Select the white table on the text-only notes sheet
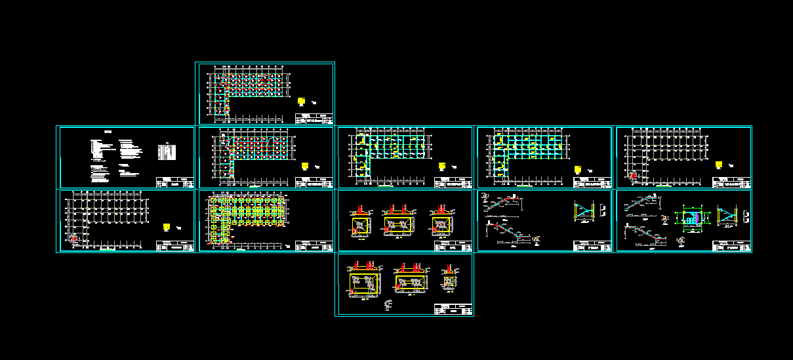tap(168, 153)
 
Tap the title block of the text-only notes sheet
tap(175, 182)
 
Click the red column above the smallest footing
tap(449, 269)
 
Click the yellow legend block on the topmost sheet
tap(301, 102)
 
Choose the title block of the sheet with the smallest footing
tap(453, 310)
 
